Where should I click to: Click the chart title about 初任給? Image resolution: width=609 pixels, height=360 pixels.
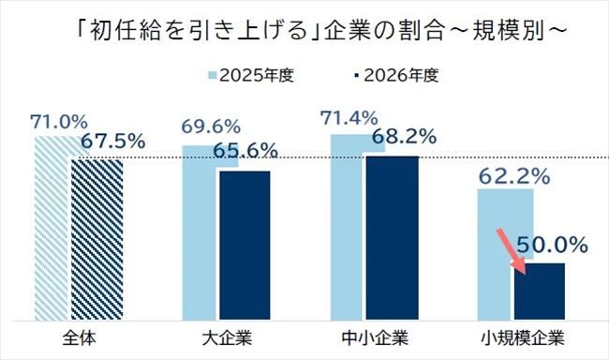pos(304,31)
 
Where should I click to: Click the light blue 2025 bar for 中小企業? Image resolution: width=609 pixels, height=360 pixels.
pos(347,234)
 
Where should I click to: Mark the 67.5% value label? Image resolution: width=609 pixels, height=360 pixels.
pos(112,142)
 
